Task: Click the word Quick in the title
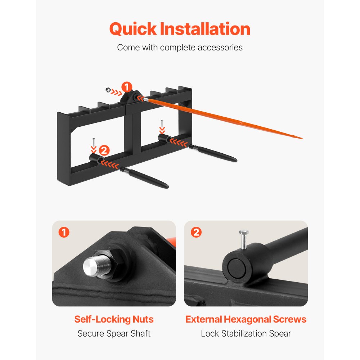coord(133,29)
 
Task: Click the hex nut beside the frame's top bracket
coord(108,90)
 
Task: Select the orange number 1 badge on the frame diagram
coord(127,87)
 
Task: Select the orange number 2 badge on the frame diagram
coord(104,150)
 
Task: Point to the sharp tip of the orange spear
coord(302,139)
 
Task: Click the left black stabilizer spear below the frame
coord(144,177)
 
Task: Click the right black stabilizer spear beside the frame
coord(213,153)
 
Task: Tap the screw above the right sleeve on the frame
coord(162,124)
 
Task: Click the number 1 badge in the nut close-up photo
coord(64,232)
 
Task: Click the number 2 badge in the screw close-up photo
coord(196,232)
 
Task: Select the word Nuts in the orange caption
coord(143,319)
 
